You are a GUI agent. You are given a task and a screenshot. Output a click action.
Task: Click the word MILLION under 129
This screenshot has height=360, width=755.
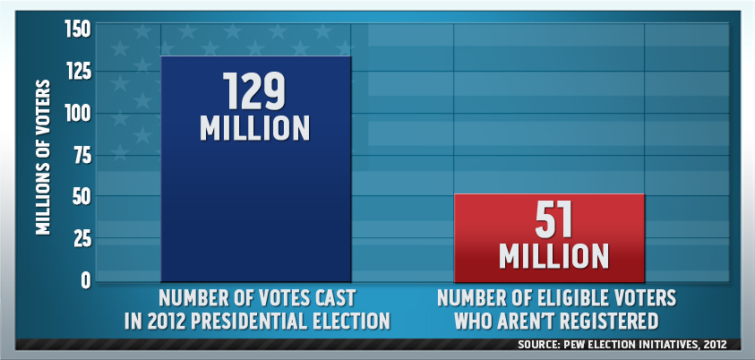[x=254, y=127]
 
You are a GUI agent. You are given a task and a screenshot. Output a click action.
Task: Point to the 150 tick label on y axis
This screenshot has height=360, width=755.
[x=78, y=30]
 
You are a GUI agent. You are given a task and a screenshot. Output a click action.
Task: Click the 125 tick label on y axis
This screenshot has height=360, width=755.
[x=78, y=72]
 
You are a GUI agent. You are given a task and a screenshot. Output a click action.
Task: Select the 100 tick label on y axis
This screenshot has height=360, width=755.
[x=78, y=114]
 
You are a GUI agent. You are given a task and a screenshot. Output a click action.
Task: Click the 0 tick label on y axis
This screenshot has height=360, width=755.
[x=86, y=280]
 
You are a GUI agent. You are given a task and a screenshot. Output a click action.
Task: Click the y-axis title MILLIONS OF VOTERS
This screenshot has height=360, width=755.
[x=43, y=158]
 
